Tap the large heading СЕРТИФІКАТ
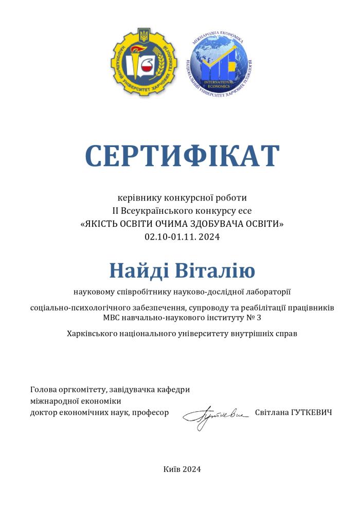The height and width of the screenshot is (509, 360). click(182, 156)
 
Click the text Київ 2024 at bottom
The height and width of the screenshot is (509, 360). click(182, 469)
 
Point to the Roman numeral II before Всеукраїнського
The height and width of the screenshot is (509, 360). click(116, 210)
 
